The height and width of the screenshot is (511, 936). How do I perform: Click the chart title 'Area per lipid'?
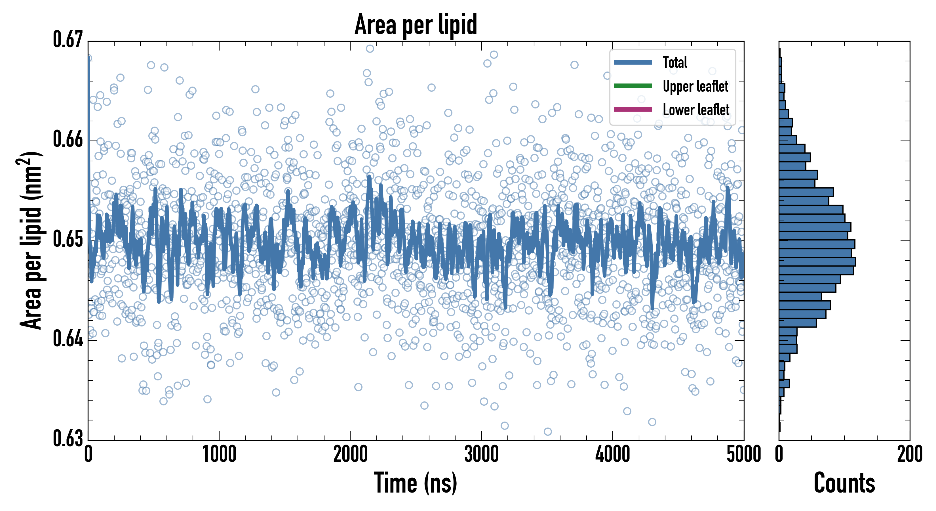pos(416,25)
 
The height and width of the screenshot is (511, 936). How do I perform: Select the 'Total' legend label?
pos(675,62)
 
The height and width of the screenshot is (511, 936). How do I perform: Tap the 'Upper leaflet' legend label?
pos(695,86)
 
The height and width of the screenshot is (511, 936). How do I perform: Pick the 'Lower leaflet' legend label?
pos(696,110)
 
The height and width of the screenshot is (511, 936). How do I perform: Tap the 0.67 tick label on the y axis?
pos(68,40)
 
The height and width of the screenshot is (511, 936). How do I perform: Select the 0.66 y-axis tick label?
pos(68,139)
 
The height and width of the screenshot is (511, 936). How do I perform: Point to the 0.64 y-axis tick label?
pos(68,339)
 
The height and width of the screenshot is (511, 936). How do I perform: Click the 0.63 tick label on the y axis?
pos(68,438)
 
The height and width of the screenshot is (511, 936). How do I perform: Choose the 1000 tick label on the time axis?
pos(219,455)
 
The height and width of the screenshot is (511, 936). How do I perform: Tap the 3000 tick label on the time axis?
pos(481,455)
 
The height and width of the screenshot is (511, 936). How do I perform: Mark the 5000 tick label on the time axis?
pos(743,455)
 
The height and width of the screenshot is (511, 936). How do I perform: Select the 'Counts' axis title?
pos(844,483)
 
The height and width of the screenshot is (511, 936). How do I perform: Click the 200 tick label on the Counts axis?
pos(909,455)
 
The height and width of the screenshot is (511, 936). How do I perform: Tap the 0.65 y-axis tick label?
pos(68,239)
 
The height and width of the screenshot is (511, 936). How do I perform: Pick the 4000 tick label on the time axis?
pos(613,455)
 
